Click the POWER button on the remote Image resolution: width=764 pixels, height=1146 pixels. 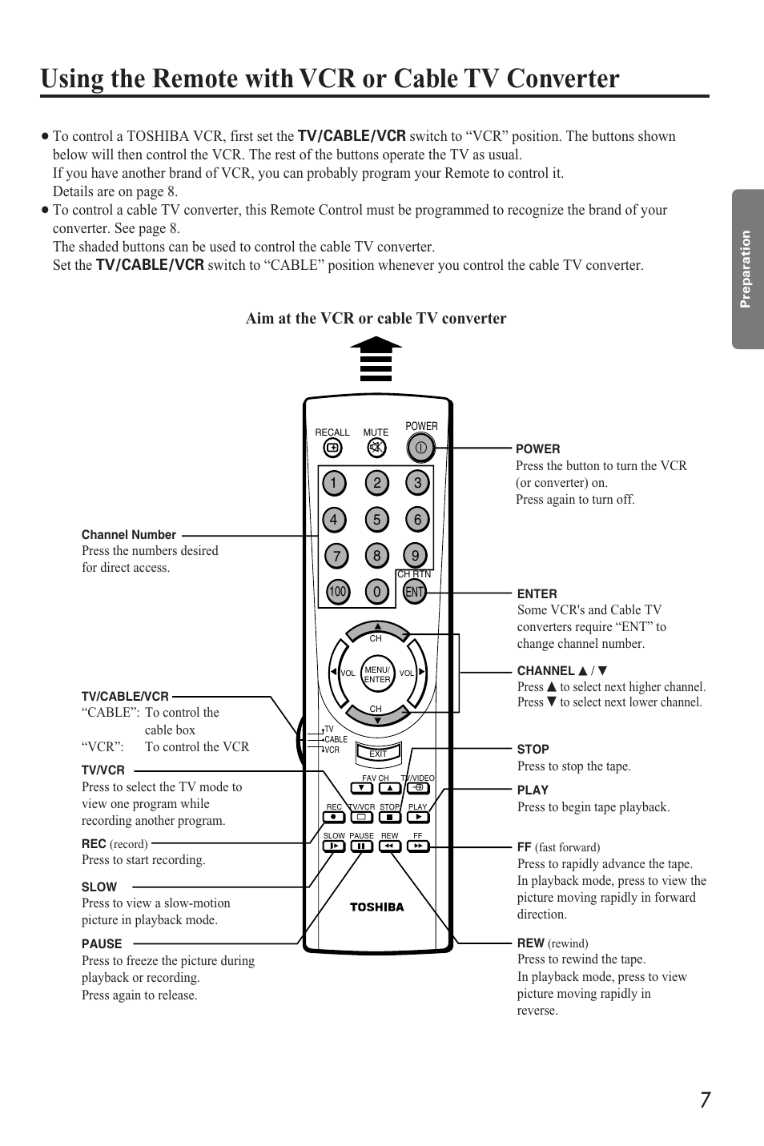point(420,447)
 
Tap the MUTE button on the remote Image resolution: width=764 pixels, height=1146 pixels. point(376,448)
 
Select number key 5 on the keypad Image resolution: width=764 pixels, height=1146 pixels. point(376,520)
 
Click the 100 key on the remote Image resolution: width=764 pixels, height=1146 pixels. point(337,592)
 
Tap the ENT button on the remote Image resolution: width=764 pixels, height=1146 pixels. point(414,593)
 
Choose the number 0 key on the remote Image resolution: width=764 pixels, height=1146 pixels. point(376,593)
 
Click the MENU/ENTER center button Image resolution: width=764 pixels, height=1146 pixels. point(376,674)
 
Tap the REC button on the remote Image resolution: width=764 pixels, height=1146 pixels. point(334,818)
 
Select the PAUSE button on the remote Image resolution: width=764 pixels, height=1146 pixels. point(361,846)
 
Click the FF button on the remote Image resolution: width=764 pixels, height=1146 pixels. point(418,846)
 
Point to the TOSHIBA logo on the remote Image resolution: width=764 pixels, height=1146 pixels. point(376,907)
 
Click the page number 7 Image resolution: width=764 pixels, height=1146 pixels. point(703,1100)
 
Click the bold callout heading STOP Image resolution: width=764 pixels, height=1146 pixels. point(533,750)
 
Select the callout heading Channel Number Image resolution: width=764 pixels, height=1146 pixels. point(129,535)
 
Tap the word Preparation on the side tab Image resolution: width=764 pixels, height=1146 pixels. point(746,269)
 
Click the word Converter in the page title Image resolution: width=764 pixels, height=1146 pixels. point(545,78)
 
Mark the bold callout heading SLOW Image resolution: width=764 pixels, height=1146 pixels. point(99,887)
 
